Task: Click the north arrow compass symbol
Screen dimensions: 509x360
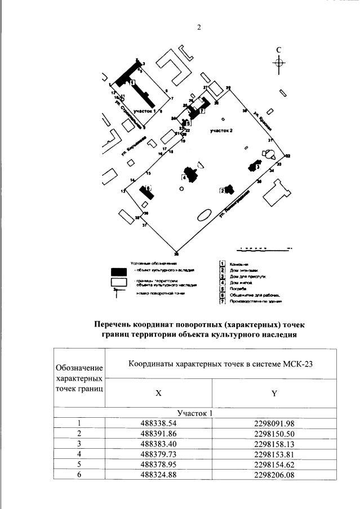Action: tap(279, 62)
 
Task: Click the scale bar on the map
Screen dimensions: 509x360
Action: tap(265, 247)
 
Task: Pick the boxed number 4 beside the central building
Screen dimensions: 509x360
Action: tap(184, 177)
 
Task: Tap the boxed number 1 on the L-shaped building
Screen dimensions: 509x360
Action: tap(132, 82)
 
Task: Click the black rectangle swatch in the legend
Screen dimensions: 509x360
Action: tap(119, 271)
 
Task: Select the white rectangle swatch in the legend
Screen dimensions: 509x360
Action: tap(119, 282)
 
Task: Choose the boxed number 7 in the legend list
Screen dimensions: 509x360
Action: tap(223, 302)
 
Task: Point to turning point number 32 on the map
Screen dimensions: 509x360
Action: tap(287, 155)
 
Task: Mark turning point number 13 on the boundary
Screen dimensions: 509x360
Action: tap(122, 192)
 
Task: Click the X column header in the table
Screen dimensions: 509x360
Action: tap(158, 394)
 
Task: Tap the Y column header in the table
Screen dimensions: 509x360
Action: tap(274, 394)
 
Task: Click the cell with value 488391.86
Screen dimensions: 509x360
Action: tap(158, 433)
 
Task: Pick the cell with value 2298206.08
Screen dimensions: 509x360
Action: tap(274, 474)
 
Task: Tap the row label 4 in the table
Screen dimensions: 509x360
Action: tap(79, 453)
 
